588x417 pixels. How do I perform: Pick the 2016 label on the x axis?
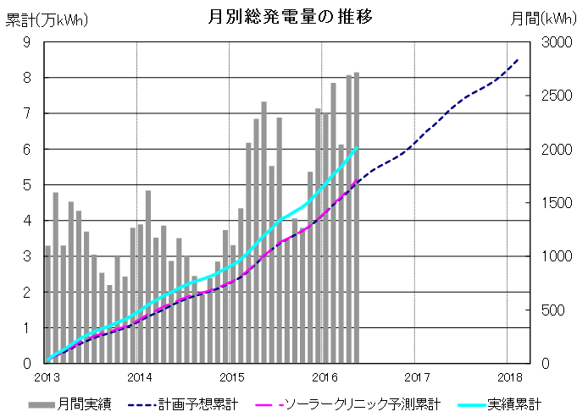point(323,376)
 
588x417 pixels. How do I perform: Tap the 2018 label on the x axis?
point(508,376)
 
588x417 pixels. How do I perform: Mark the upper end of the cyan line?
point(357,148)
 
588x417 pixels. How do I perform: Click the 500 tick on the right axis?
point(552,310)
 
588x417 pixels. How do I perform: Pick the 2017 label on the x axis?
point(415,376)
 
